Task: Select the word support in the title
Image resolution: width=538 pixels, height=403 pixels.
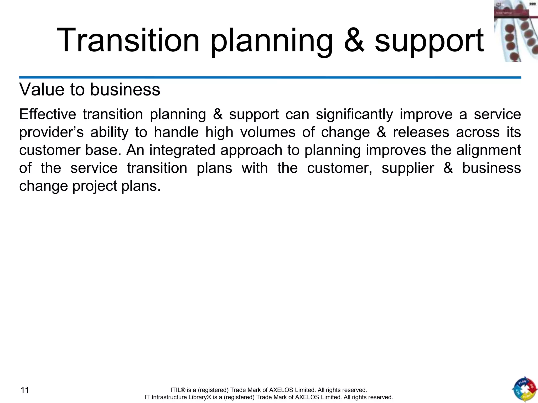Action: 429,42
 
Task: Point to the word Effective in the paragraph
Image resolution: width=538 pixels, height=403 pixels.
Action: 48,114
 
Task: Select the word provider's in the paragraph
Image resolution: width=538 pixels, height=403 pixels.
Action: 51,133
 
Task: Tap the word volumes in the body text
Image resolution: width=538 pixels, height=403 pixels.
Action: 268,132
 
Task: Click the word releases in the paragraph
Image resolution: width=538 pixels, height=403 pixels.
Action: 421,132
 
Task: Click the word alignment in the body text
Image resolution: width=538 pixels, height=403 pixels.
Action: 488,151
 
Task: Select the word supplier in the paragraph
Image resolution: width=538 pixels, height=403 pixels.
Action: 408,168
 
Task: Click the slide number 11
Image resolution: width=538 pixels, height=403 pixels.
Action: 25,390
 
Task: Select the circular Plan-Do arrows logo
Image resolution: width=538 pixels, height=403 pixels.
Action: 524,389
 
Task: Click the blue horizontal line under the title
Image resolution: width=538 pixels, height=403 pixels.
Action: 270,77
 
